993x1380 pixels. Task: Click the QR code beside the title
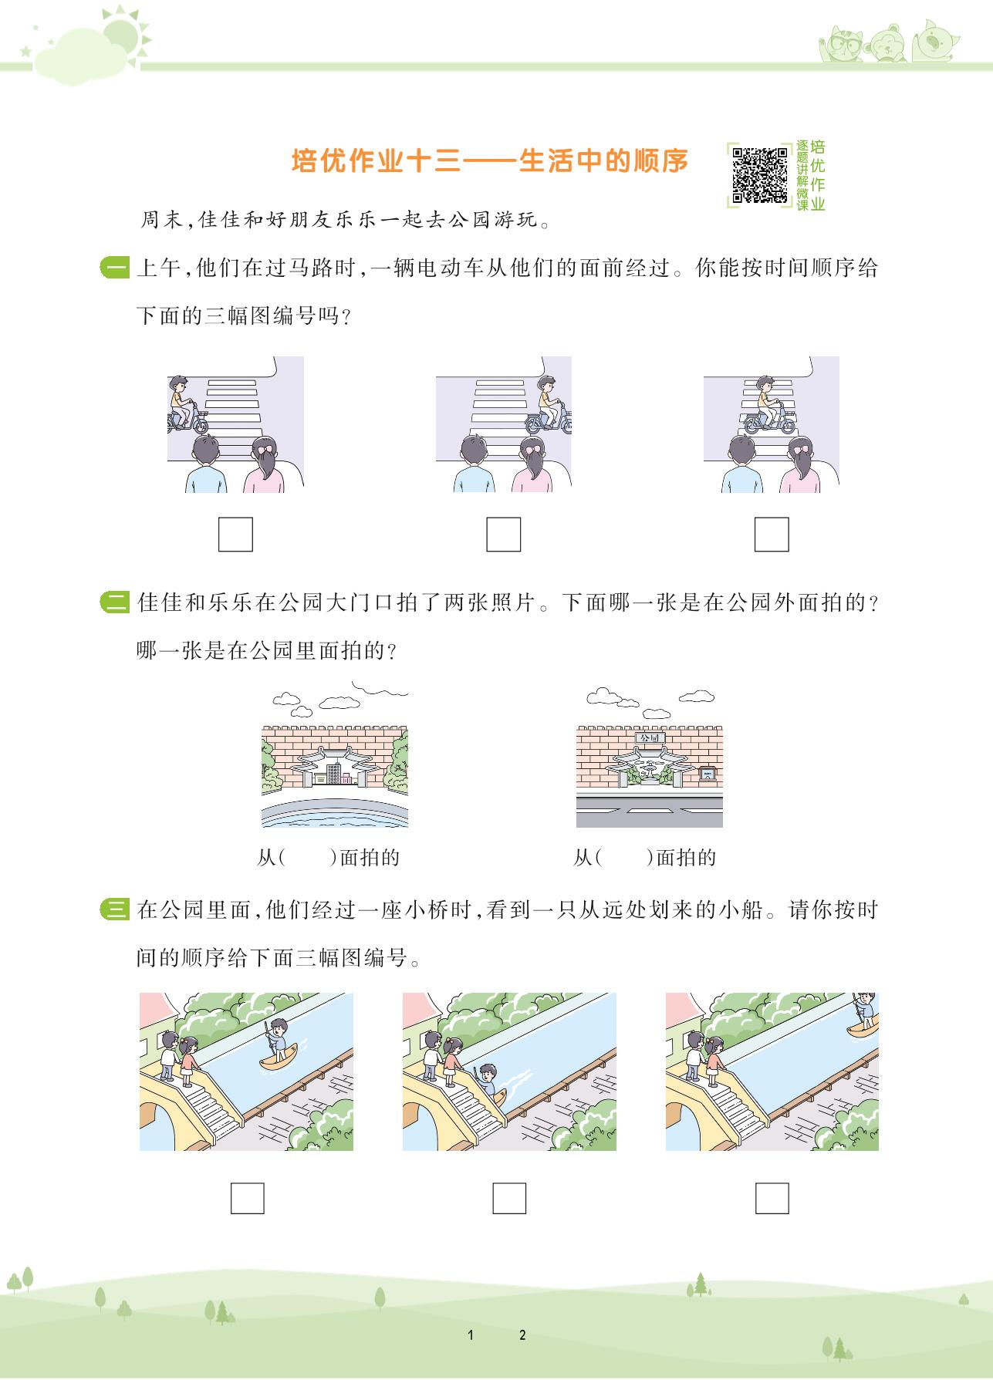(x=759, y=175)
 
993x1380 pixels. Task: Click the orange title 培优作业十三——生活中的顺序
(x=490, y=161)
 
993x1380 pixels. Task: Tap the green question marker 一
(x=115, y=269)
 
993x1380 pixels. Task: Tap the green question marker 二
(x=115, y=602)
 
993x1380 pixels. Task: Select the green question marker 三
(x=115, y=910)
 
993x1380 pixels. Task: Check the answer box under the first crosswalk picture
(x=235, y=534)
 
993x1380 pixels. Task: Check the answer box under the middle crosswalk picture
(x=503, y=534)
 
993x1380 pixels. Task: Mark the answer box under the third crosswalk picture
(x=772, y=534)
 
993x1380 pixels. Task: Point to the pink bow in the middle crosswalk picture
(x=530, y=447)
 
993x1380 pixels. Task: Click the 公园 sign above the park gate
(x=649, y=737)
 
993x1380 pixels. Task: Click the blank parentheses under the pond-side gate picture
(x=307, y=857)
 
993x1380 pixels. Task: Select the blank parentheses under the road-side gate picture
(x=623, y=857)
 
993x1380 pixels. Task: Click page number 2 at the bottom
(x=522, y=1335)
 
